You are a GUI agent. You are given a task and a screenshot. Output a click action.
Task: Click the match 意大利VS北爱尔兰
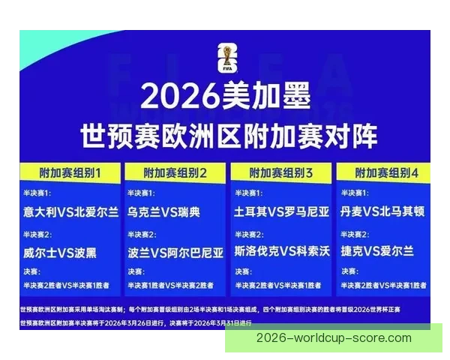[70, 212]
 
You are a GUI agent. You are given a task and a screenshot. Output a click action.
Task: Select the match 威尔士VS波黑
[59, 252]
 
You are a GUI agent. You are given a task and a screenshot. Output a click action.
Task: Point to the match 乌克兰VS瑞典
[164, 212]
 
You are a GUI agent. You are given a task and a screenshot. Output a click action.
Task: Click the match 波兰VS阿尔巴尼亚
[176, 252]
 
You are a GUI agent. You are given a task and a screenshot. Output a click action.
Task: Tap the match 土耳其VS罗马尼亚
[281, 212]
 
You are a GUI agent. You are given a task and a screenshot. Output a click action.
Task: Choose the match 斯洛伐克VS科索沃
[282, 252]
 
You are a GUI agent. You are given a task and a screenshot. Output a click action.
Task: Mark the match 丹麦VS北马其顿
[382, 212]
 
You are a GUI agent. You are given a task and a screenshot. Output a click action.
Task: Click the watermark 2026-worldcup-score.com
[334, 338]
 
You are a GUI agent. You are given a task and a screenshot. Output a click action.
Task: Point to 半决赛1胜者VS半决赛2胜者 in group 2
[168, 285]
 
